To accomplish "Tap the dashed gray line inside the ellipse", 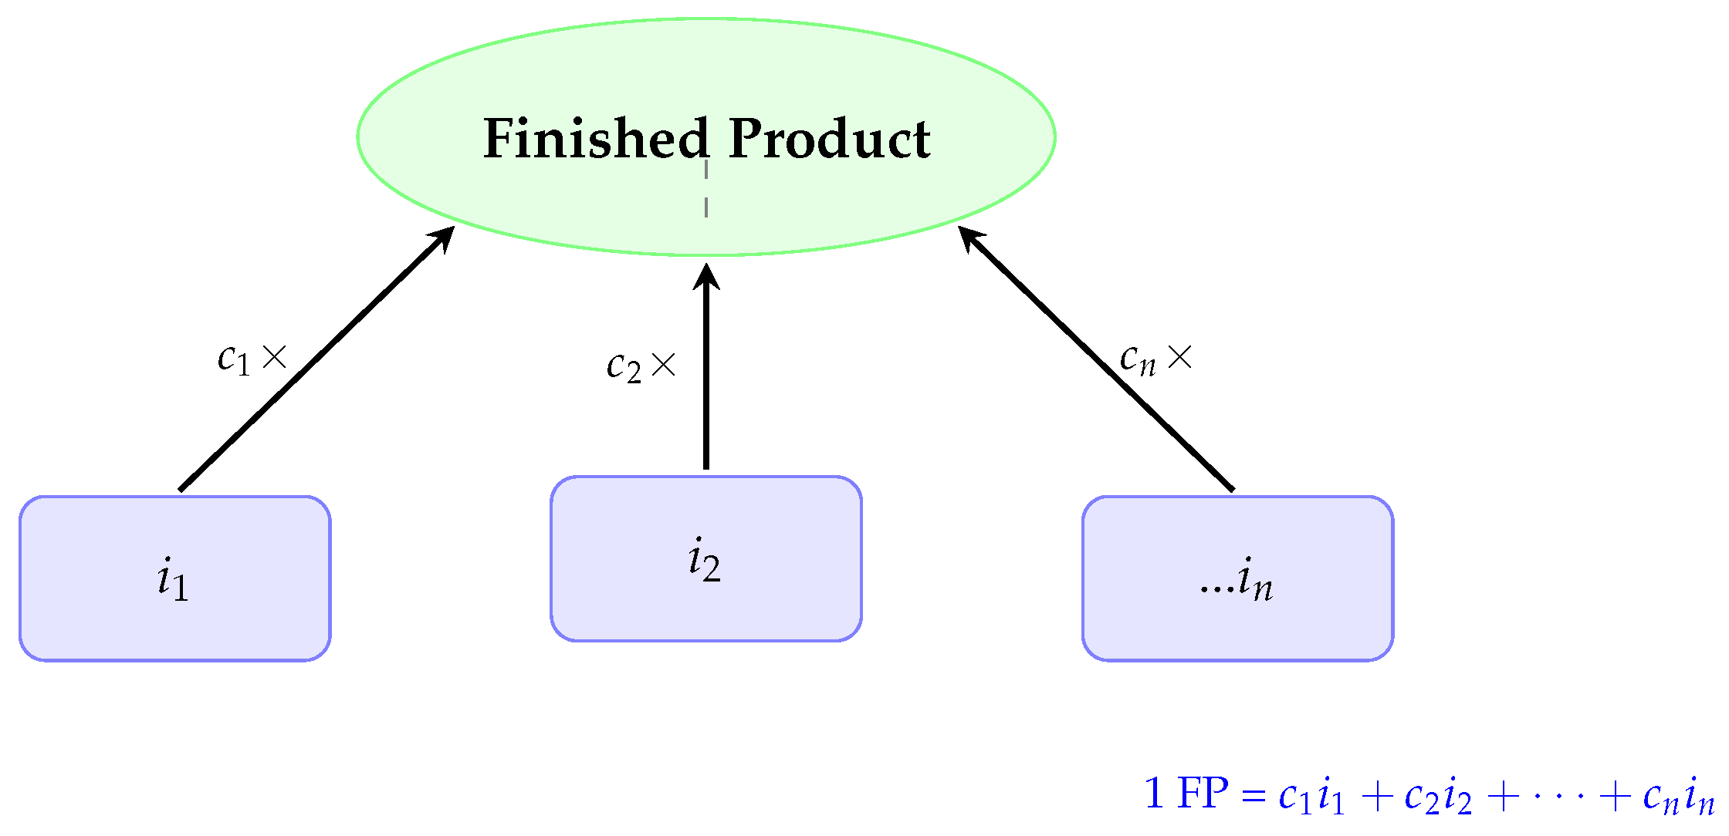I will point(705,189).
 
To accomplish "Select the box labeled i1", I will point(175,578).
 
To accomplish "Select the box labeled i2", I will point(705,558).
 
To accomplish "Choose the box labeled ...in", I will point(1237,578).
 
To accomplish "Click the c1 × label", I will point(252,359).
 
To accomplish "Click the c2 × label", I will point(641,366).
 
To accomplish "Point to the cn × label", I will point(1155,359).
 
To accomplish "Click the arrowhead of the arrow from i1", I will point(444,237).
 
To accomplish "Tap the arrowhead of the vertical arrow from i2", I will point(705,276).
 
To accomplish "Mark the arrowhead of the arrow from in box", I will point(969,237).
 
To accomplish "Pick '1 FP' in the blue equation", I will point(1186,794).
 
